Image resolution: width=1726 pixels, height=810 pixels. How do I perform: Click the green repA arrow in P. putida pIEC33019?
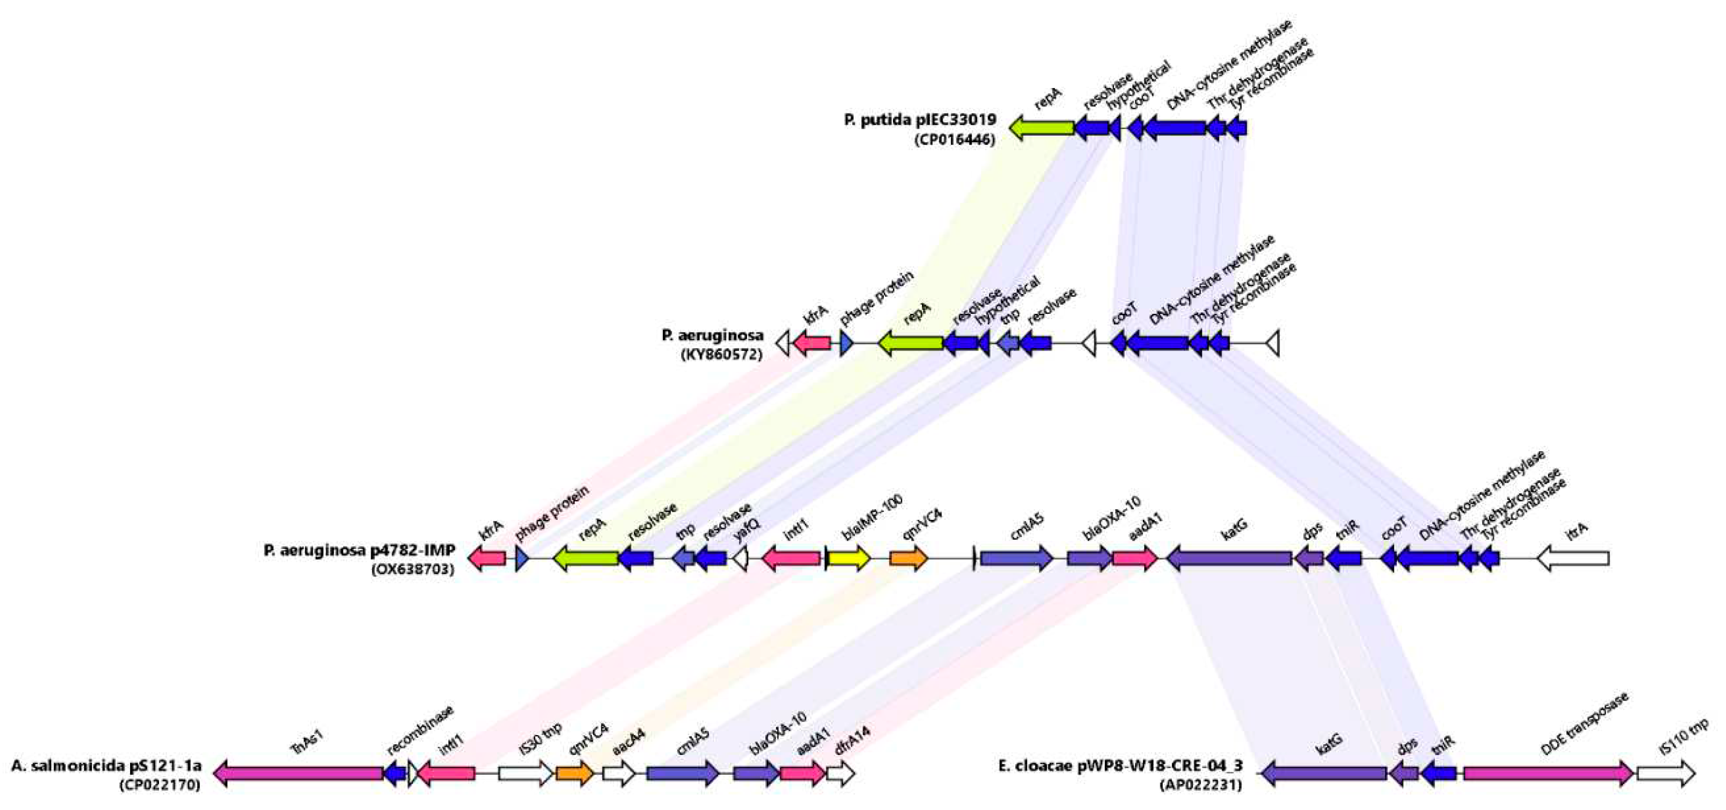(x=1041, y=127)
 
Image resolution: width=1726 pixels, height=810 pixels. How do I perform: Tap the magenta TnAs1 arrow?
(x=299, y=773)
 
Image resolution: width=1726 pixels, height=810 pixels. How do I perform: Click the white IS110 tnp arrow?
(x=1666, y=773)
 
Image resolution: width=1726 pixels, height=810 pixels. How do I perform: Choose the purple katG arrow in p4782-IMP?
(x=1229, y=558)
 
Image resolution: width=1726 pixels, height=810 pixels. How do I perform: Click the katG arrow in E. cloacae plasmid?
(x=1324, y=773)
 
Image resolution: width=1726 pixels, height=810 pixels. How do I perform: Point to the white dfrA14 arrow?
(x=840, y=773)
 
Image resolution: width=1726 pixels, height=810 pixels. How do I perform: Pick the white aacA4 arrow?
(x=618, y=773)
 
